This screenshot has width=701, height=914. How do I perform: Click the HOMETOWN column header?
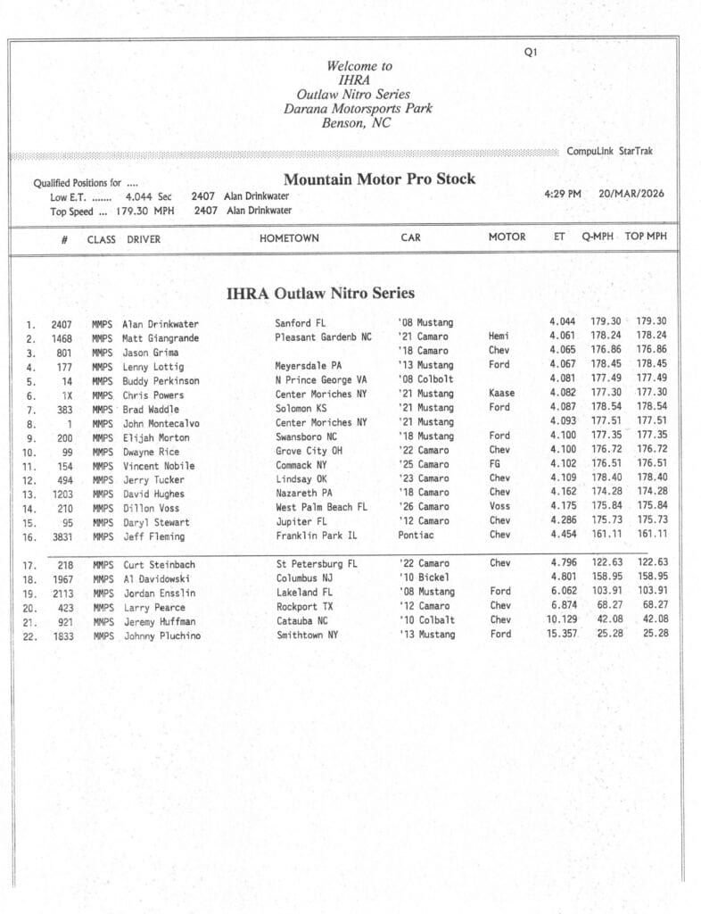289,238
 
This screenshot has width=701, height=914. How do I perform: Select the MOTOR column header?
507,237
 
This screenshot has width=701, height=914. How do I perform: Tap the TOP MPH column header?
646,237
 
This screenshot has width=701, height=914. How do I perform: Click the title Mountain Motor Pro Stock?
379,179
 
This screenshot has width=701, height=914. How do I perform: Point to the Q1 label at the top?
531,53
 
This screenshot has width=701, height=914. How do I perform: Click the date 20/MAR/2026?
631,194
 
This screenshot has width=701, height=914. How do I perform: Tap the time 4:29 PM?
562,194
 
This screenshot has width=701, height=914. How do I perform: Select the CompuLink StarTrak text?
609,152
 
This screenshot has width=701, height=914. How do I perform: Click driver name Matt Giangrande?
161,338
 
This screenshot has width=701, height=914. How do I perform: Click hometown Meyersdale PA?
309,366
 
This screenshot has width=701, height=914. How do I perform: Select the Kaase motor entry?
501,394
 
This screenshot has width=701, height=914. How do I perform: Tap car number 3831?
62,536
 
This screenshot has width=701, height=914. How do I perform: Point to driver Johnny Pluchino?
161,636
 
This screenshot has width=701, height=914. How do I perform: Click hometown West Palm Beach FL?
321,507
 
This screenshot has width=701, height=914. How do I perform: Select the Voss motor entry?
499,507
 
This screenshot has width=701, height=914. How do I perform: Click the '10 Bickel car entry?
425,578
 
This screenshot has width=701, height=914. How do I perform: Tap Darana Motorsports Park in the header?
358,109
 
